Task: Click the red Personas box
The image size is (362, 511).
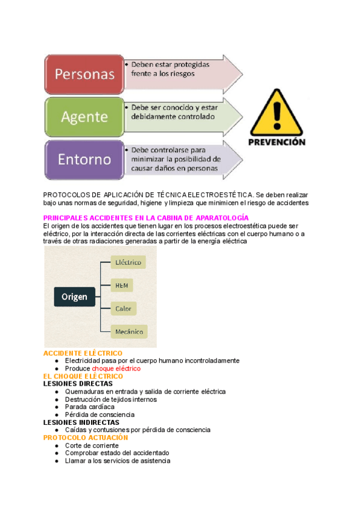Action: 84,74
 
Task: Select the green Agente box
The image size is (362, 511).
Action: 84,116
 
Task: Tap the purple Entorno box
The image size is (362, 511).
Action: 84,160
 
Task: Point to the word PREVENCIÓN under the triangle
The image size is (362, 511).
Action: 277,143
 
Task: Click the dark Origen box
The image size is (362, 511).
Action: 74,296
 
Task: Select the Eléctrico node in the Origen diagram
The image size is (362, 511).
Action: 128,262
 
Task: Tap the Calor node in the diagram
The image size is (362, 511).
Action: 124,309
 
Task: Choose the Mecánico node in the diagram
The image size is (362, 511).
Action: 130,331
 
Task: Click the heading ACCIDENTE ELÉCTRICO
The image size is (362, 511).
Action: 83,353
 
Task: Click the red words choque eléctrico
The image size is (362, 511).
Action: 116,368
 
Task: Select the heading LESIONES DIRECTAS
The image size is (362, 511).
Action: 78,384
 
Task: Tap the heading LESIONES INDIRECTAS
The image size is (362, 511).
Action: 82,422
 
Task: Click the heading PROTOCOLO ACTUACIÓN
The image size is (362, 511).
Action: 86,437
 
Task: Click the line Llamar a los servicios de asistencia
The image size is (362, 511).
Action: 117,461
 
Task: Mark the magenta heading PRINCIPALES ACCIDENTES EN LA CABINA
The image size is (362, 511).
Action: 146,218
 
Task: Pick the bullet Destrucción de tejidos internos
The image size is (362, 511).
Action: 111,399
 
